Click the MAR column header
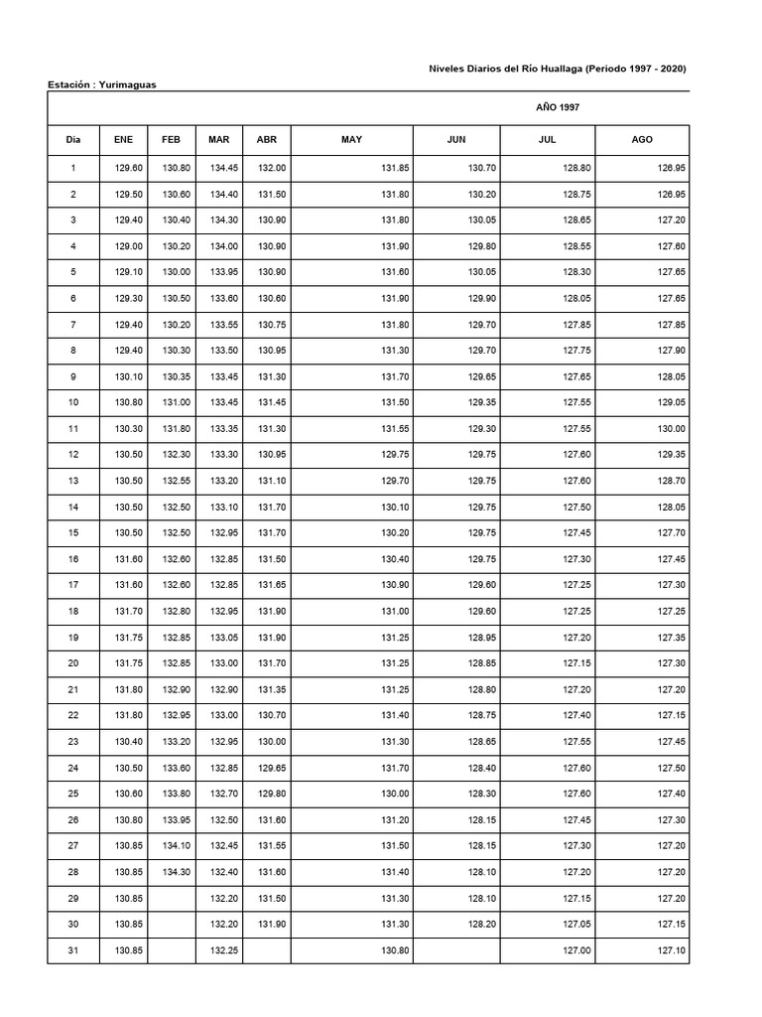[x=218, y=140]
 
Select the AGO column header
[x=642, y=140]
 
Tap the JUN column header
[x=455, y=140]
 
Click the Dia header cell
[x=72, y=140]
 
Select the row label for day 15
[x=72, y=532]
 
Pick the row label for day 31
[x=72, y=951]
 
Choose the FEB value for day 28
[x=177, y=873]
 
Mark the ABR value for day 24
[x=272, y=768]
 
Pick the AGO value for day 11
[x=671, y=428]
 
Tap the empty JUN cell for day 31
[x=455, y=951]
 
